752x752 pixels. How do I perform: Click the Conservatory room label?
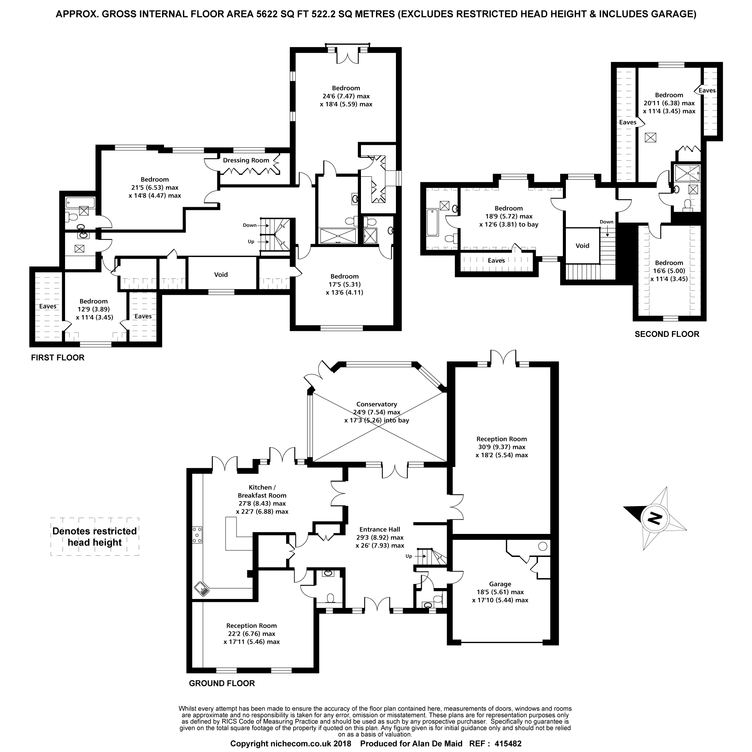click(x=376, y=404)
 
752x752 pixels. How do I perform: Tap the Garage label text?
click(x=500, y=584)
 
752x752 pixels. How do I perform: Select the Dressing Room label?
click(x=246, y=161)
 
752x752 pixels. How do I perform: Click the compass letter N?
click(x=656, y=518)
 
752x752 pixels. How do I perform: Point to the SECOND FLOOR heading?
click(x=667, y=334)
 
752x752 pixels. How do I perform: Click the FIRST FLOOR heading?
click(x=58, y=357)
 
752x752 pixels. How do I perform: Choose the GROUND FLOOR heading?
click(x=222, y=683)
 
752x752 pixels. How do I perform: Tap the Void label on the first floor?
click(x=221, y=274)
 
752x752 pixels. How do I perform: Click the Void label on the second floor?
click(x=582, y=246)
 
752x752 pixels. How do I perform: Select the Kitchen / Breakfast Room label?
click(x=262, y=491)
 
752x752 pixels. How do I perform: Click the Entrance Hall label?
click(x=380, y=529)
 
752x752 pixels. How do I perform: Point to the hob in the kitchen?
click(x=197, y=535)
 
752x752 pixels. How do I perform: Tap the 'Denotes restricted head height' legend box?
click(x=95, y=537)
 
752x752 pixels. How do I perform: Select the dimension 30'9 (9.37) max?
click(x=502, y=447)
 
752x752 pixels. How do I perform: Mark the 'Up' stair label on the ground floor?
click(x=409, y=556)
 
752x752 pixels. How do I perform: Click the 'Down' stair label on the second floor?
click(x=606, y=222)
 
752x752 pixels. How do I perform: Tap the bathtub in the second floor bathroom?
click(x=432, y=223)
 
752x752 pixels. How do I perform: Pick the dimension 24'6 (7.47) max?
click(x=346, y=96)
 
